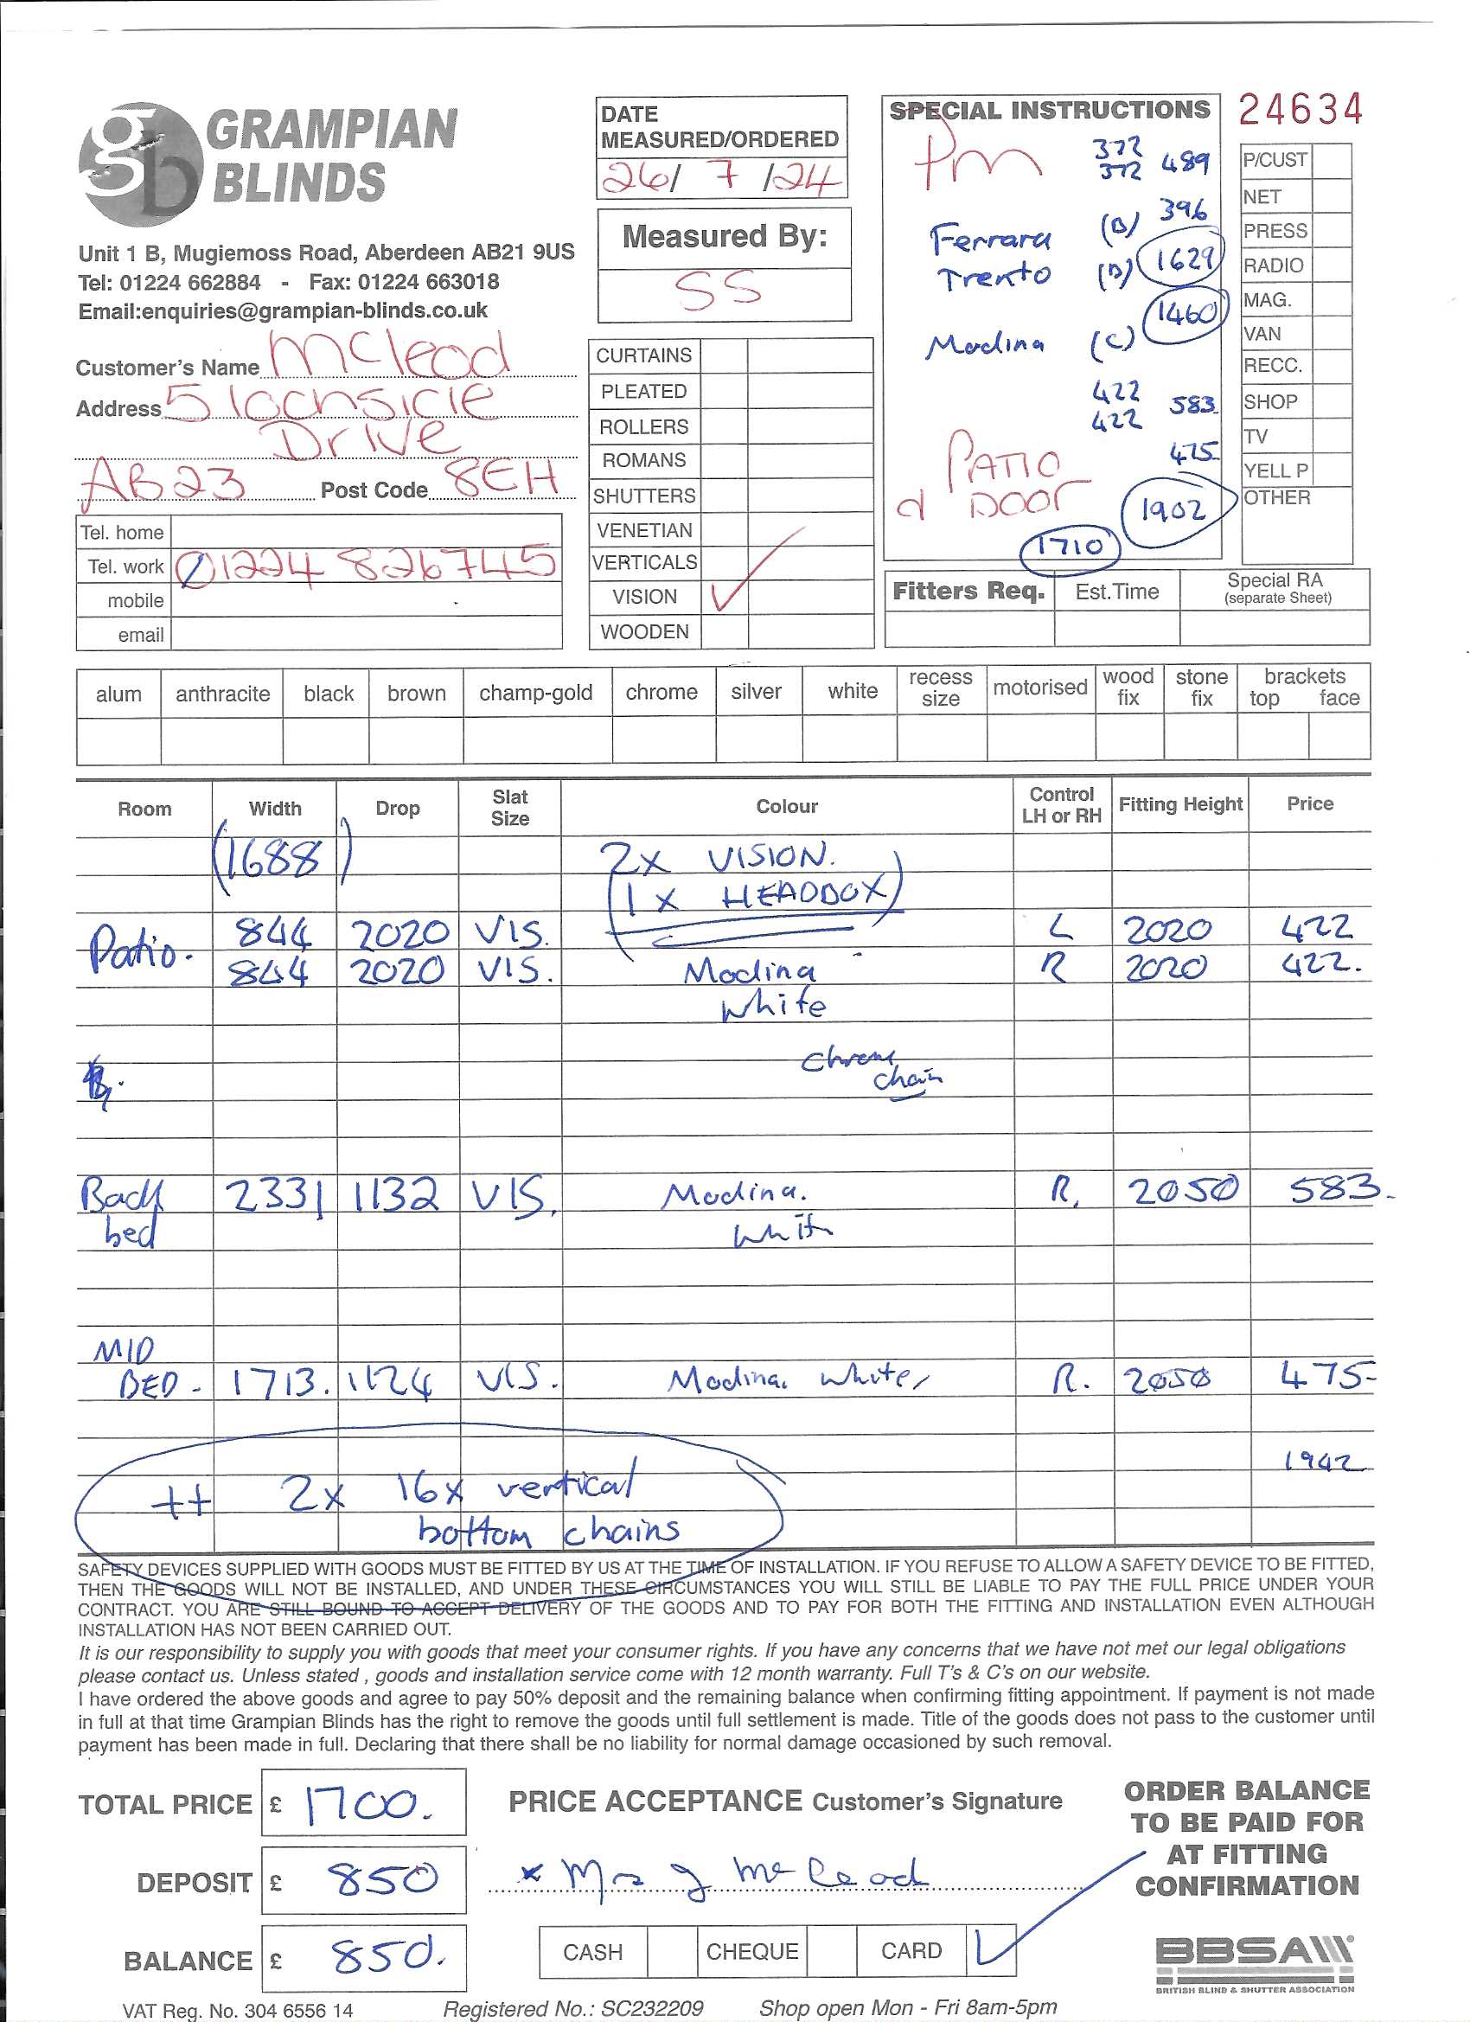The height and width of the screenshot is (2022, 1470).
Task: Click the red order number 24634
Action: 1300,110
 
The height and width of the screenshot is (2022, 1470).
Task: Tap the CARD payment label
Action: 911,1952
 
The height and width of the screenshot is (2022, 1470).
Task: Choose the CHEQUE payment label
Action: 751,1953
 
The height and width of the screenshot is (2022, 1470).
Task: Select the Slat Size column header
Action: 510,808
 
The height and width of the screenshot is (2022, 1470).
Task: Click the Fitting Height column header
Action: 1179,804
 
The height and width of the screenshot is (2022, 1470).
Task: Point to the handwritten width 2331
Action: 273,1195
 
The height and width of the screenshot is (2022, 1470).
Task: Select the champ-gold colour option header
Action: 536,693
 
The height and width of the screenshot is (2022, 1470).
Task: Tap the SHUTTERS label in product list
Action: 643,496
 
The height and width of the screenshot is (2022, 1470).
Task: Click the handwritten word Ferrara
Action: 989,238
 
